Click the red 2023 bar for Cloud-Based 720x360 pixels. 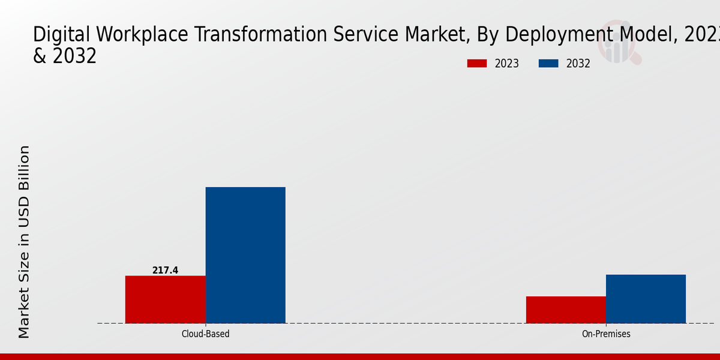point(165,299)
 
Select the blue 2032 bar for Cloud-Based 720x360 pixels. point(245,255)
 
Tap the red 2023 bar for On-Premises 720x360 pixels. point(566,310)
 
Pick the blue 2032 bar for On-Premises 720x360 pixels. point(646,299)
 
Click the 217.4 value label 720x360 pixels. point(165,271)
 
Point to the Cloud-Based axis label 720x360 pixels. point(205,334)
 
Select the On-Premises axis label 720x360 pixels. point(606,334)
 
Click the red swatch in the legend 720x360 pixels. point(477,64)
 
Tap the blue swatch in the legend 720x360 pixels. point(548,64)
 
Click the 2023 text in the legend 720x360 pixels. point(507,64)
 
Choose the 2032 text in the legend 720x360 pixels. point(578,64)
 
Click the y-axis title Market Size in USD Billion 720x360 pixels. point(24,242)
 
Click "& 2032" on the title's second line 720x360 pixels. point(64,56)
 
